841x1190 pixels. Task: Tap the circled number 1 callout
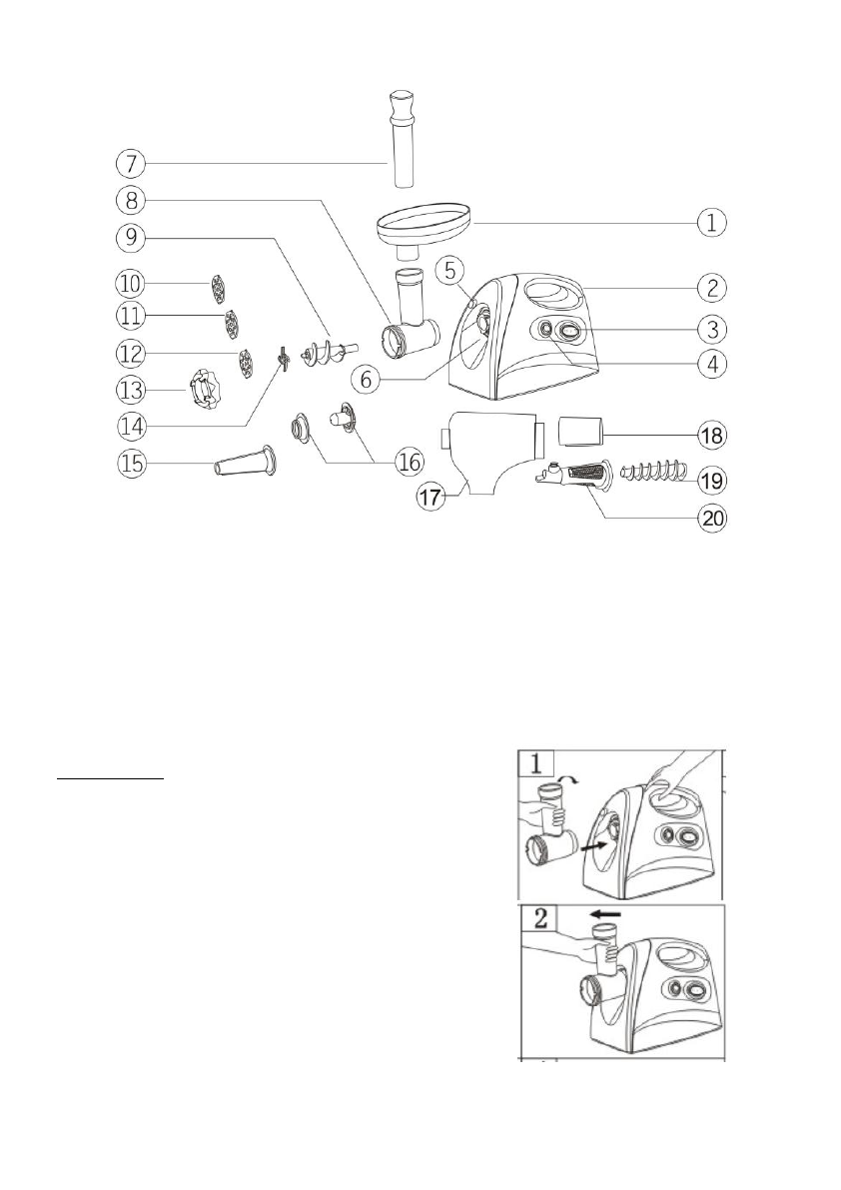(x=711, y=222)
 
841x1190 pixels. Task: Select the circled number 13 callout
(x=130, y=389)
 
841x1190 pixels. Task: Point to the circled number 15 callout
(x=129, y=464)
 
